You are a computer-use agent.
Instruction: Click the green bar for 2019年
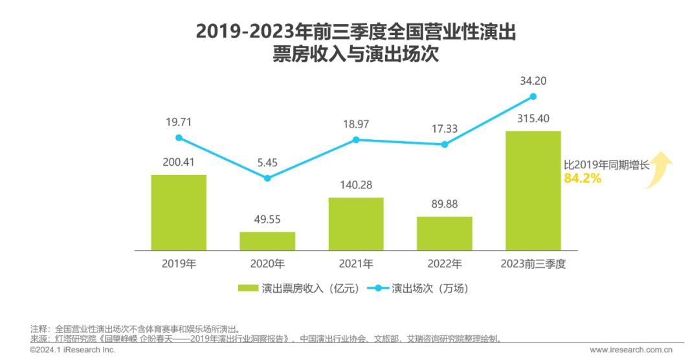[179, 212]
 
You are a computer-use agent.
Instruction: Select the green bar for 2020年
[267, 241]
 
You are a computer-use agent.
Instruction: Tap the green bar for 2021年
[356, 224]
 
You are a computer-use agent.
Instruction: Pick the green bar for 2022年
[445, 233]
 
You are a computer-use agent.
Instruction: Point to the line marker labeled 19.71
[179, 138]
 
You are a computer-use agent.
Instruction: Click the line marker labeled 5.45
[267, 178]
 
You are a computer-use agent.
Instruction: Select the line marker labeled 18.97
[356, 140]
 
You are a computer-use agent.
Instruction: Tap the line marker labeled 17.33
[445, 144]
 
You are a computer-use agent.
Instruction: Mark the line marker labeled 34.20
[533, 96]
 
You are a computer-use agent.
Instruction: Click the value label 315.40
[533, 119]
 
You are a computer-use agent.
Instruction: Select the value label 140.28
[356, 186]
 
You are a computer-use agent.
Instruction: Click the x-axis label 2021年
[356, 264]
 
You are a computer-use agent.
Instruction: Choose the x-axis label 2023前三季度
[533, 264]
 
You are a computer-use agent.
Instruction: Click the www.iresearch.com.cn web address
[630, 350]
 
